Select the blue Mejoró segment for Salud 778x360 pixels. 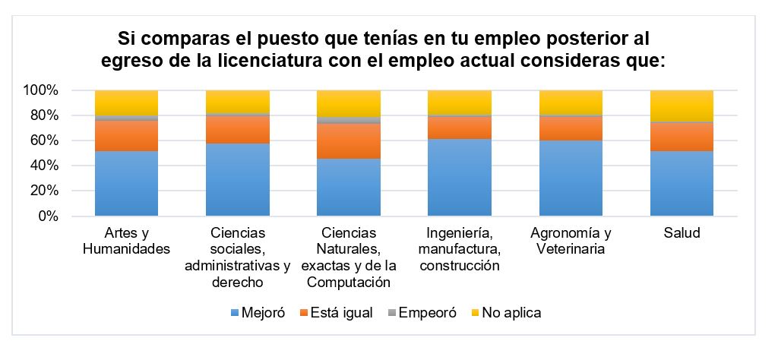click(682, 183)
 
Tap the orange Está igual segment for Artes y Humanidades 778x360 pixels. click(126, 136)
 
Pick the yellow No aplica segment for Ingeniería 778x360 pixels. click(459, 102)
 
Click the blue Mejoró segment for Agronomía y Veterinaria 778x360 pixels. click(571, 178)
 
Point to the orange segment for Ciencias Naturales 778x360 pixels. click(348, 141)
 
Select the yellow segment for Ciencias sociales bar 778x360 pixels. click(237, 101)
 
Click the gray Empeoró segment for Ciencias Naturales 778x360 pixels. click(348, 120)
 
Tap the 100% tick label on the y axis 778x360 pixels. click(41, 91)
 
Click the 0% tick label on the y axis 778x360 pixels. click(47, 216)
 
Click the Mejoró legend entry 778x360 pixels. click(257, 313)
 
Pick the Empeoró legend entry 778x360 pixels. click(422, 313)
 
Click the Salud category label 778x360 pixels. click(682, 233)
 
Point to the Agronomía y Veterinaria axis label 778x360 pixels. click(571, 241)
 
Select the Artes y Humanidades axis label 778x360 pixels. click(126, 241)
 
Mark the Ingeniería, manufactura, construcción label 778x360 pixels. click(459, 249)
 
